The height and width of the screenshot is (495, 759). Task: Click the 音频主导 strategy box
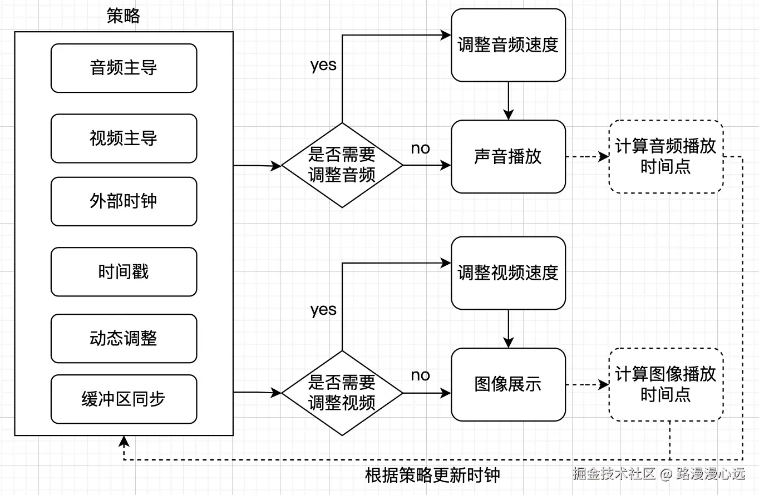(x=124, y=68)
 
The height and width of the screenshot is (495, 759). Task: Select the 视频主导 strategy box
(x=124, y=138)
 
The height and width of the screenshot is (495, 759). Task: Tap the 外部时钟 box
(x=124, y=201)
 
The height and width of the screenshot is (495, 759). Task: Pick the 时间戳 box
(x=124, y=271)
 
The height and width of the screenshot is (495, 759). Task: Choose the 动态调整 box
(x=124, y=338)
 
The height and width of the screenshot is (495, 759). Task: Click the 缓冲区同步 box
(x=124, y=399)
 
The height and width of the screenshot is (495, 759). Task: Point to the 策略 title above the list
(x=124, y=16)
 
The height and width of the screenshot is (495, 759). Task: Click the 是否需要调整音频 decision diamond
(x=342, y=165)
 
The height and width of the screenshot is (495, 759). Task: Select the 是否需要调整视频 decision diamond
(x=342, y=393)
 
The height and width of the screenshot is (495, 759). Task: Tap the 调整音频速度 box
(x=508, y=45)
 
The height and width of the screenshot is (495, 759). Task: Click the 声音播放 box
(x=508, y=156)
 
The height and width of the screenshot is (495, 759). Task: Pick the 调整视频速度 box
(x=508, y=273)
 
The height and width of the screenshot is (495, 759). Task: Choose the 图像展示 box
(x=508, y=384)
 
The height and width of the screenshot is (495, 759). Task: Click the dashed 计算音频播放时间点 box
(x=666, y=156)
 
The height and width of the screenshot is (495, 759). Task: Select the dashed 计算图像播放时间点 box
(x=666, y=384)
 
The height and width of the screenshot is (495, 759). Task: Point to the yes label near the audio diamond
(x=323, y=65)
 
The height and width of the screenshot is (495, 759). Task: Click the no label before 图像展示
(x=420, y=375)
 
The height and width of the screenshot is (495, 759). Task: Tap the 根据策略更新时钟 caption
(x=432, y=476)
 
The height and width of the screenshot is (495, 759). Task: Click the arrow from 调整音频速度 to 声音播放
(x=508, y=101)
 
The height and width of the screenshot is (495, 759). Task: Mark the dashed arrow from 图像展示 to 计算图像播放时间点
(x=587, y=384)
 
